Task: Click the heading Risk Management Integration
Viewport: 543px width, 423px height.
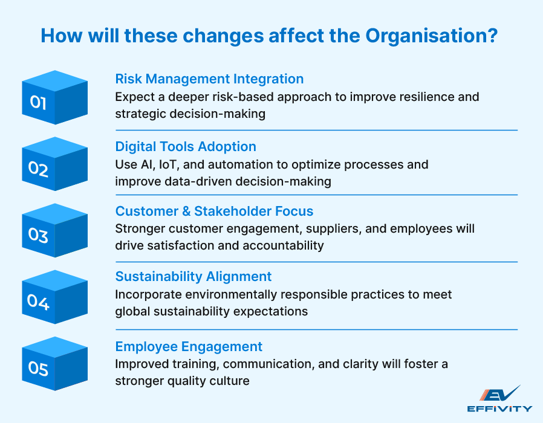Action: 209,79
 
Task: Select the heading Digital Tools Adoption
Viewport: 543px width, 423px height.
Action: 186,146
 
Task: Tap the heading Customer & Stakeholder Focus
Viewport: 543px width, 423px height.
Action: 214,211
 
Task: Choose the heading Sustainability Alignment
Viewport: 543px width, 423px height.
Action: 193,277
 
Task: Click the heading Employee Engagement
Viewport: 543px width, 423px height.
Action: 189,346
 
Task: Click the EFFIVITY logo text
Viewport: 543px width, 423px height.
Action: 500,408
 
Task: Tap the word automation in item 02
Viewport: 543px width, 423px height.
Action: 249,164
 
